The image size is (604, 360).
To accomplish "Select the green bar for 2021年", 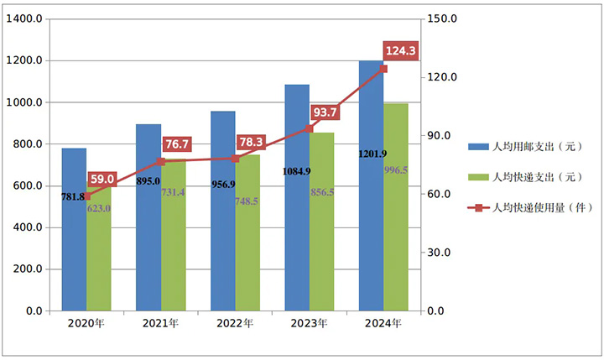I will (174, 252).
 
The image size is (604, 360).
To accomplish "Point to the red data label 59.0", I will (103, 179).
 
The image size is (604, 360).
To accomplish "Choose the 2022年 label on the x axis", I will (235, 323).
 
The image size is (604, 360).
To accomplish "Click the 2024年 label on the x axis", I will (384, 323).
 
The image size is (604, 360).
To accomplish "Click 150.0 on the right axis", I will (442, 19).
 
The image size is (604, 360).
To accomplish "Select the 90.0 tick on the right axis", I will (442, 136).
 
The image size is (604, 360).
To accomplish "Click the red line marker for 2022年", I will (236, 158).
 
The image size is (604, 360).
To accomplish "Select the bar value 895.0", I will (148, 180).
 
